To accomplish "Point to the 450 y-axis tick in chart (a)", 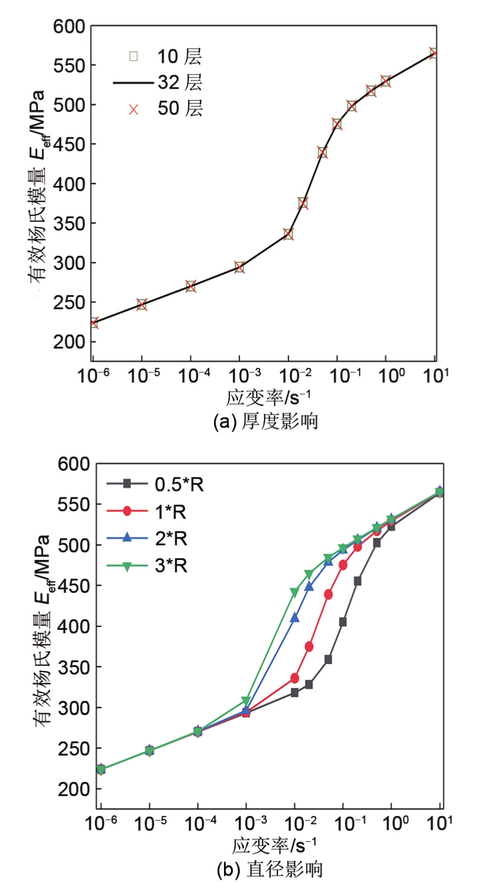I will [x=70, y=145].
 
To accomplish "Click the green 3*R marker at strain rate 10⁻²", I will [x=295, y=592].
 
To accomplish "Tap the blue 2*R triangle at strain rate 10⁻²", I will [x=295, y=617].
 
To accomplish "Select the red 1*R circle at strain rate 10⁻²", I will [x=294, y=678].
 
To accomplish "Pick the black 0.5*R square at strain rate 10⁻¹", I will [x=343, y=622].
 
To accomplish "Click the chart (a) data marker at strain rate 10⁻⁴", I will [x=191, y=286].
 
